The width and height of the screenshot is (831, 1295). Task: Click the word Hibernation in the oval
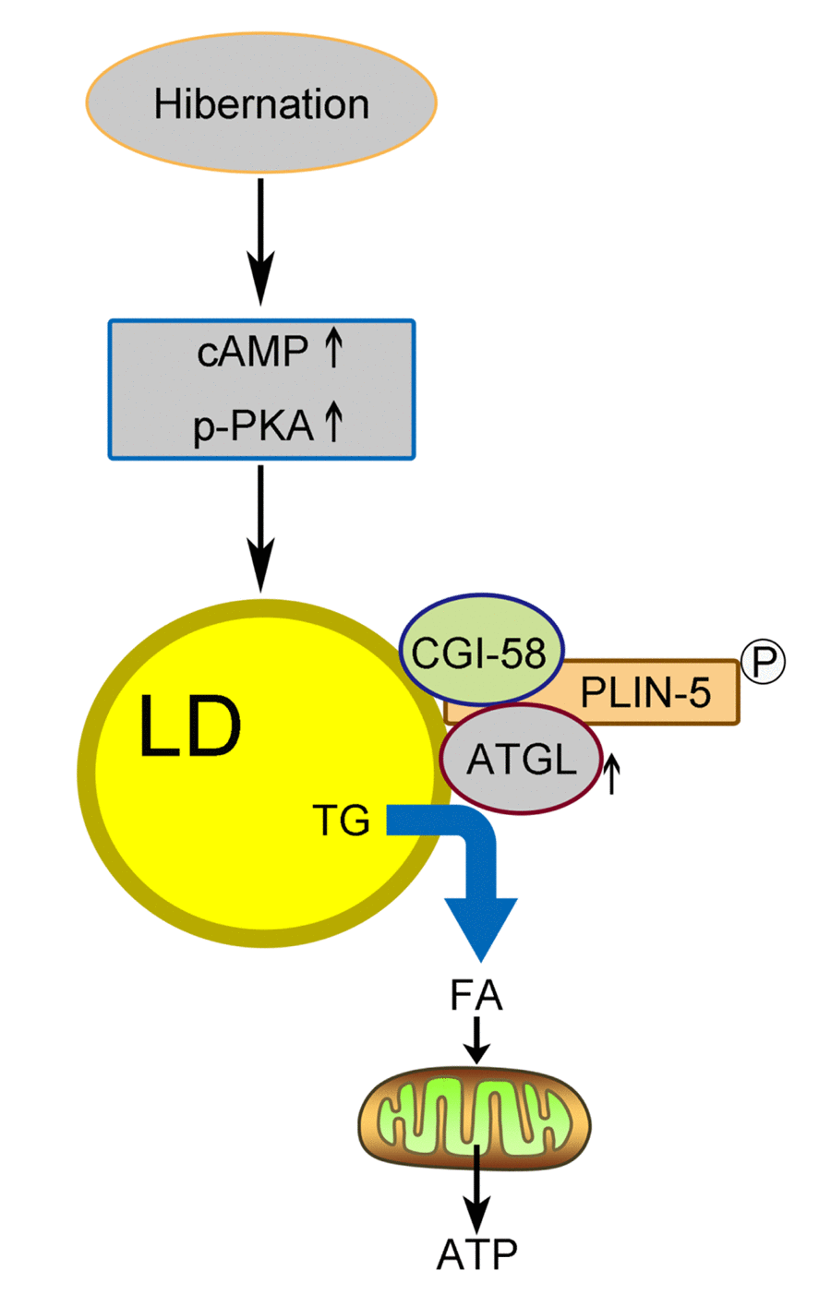click(x=261, y=103)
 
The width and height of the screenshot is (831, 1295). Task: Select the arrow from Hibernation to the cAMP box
click(x=261, y=240)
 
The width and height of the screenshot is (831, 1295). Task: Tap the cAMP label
click(x=252, y=352)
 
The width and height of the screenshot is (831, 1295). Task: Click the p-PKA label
click(x=253, y=426)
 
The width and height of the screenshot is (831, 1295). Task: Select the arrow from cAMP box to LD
click(x=261, y=526)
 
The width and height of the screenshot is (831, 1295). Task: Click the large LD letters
click(x=189, y=727)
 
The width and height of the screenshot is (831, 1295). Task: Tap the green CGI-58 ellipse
click(x=480, y=653)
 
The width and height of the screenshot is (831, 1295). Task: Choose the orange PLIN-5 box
click(x=646, y=691)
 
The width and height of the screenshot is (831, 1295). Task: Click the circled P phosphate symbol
click(x=764, y=661)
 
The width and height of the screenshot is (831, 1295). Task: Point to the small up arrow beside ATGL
click(x=610, y=773)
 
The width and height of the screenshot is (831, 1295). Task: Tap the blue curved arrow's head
click(x=480, y=928)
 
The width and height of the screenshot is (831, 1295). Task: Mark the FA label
click(x=476, y=996)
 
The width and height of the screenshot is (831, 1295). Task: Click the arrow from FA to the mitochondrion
click(x=476, y=1040)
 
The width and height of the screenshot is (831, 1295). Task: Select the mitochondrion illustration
click(x=475, y=1121)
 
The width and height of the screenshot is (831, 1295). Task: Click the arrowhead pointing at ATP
click(x=476, y=1217)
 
